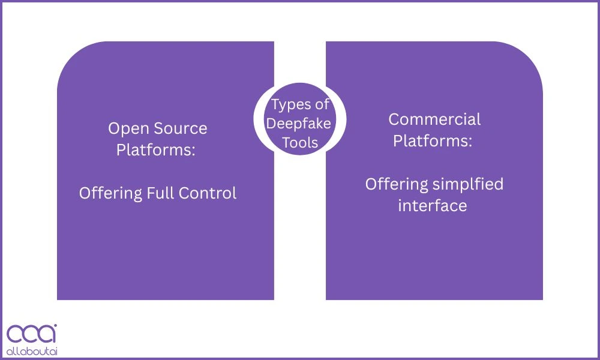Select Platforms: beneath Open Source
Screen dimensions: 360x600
pos(156,150)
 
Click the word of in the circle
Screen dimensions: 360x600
pos(323,105)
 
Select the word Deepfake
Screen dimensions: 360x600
pos(299,124)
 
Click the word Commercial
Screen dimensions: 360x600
pos(434,119)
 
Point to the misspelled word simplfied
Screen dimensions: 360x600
pos(468,184)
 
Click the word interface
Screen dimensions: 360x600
pos(433,206)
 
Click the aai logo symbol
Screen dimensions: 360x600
pos(31,334)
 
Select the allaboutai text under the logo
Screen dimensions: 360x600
pos(31,350)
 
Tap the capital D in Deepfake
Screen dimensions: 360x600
pos(271,124)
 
